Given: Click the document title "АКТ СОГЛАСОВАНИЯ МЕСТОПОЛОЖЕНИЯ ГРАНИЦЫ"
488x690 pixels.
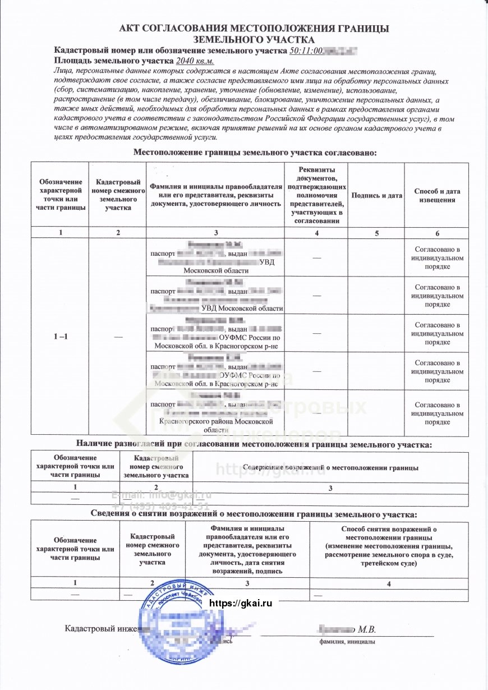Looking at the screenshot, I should (x=254, y=29).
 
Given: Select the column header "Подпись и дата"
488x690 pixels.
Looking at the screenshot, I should (x=376, y=195).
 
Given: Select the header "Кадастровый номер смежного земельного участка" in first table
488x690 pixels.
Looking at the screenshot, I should (x=118, y=195).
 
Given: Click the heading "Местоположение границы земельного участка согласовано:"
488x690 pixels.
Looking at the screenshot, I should (x=255, y=153).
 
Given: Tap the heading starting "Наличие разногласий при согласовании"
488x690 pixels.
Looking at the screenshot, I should (x=254, y=445).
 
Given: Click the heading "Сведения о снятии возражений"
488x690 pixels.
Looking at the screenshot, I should (x=254, y=514).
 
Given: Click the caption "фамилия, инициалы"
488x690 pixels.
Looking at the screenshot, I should (x=347, y=642).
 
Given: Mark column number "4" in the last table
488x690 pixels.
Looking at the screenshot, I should (x=388, y=584).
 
